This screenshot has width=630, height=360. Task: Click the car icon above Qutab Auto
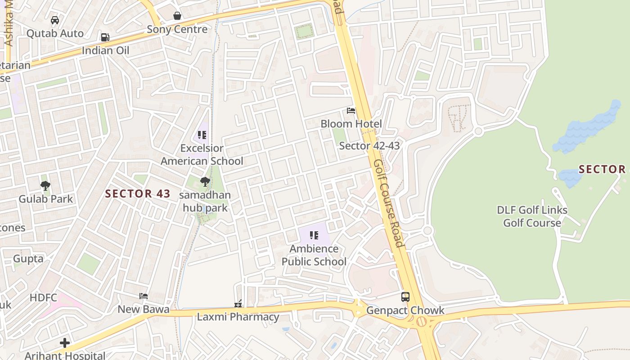(55, 20)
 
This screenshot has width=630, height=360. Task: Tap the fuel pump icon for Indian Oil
(105, 37)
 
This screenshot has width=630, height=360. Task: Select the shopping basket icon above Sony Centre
(178, 16)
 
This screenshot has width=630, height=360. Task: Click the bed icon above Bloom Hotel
(351, 111)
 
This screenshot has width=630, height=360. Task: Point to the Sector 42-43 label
(369, 145)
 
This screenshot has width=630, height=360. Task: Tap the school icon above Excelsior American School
(202, 135)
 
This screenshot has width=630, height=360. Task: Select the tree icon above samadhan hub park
(205, 182)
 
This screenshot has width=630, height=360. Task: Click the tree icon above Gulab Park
(45, 185)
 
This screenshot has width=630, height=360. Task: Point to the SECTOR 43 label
(138, 194)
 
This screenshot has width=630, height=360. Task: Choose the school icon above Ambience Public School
(314, 235)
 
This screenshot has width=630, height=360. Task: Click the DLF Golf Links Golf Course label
(532, 216)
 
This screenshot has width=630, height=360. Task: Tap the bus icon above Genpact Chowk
(405, 297)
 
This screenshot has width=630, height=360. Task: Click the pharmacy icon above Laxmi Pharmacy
(238, 304)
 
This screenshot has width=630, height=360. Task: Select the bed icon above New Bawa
(144, 296)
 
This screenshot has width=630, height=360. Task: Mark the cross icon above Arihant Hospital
(65, 343)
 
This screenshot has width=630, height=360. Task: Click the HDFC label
(44, 297)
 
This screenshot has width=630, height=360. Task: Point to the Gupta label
(28, 259)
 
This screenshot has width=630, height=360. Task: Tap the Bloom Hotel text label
(351, 124)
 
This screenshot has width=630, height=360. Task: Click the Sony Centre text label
(177, 29)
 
